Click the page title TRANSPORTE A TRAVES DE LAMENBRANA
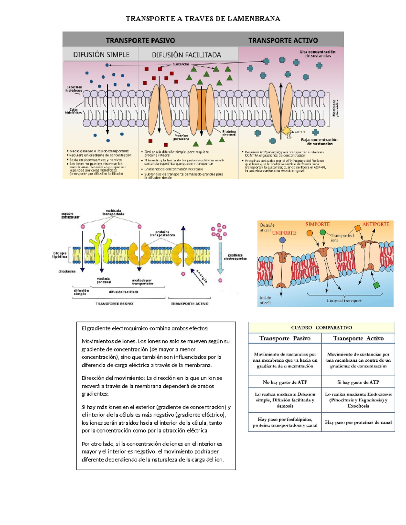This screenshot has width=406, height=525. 203,19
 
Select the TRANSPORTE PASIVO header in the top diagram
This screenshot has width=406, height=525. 140,41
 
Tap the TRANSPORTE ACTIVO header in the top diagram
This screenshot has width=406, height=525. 283,41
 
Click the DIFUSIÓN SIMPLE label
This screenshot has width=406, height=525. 101,54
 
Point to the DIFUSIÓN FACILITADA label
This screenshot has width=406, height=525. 186,55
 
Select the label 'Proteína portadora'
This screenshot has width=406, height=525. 181,137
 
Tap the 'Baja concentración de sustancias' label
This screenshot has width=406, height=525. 319,142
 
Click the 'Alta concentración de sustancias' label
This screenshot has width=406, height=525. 317,54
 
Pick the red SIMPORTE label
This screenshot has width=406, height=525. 317,224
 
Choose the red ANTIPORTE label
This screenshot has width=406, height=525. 376,224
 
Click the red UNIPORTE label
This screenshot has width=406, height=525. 284,233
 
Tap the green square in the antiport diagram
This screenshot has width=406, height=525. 377,285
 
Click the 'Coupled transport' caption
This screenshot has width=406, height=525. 344,301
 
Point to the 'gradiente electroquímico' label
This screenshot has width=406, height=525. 235,257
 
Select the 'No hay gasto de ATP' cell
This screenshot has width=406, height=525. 285,382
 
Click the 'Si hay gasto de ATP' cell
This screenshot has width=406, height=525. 358,382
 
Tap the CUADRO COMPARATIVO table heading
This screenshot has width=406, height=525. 321,328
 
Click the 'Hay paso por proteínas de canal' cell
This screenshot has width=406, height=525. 358,422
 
